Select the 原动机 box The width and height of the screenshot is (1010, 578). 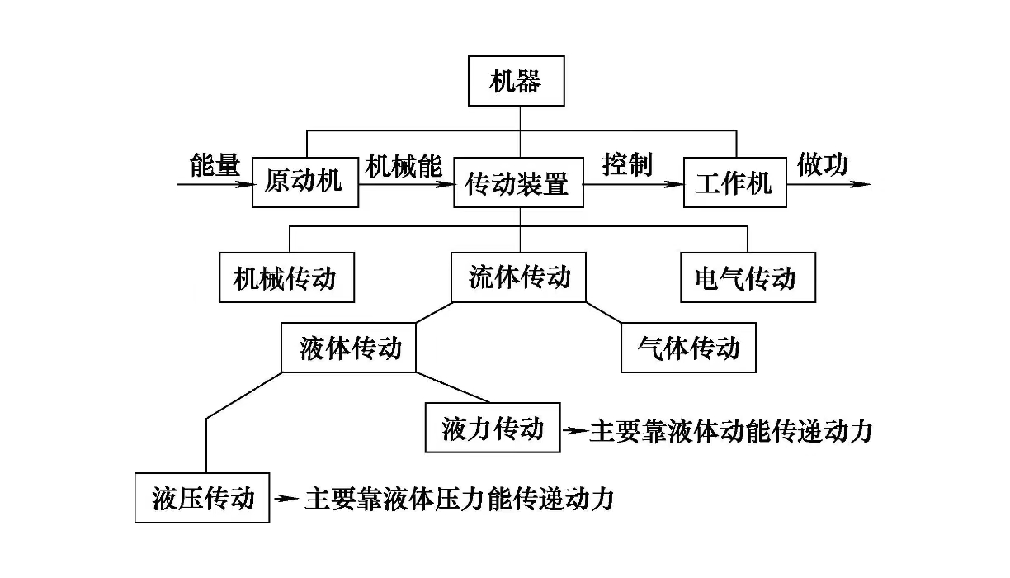tap(306, 182)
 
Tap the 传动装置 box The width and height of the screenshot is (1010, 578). tap(518, 182)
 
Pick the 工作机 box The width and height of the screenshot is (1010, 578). tap(734, 182)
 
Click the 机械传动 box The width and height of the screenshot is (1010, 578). tap(287, 278)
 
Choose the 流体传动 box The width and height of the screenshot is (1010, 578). tap(519, 277)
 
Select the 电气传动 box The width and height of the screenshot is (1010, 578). tap(747, 278)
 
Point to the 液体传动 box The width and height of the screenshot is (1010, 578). tap(347, 348)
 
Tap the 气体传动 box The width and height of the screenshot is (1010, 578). tap(687, 348)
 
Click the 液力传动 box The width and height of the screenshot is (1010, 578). tap(493, 429)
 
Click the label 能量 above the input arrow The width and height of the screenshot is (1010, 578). tap(214, 165)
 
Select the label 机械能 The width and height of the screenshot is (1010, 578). tap(404, 165)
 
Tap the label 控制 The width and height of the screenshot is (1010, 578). tap(627, 164)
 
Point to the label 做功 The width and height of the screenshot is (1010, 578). tap(822, 164)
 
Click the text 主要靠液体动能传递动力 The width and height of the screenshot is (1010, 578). tap(730, 431)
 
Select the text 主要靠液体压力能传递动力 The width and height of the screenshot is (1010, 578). tap(460, 499)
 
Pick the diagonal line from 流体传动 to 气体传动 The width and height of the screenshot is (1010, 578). tap(604, 312)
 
